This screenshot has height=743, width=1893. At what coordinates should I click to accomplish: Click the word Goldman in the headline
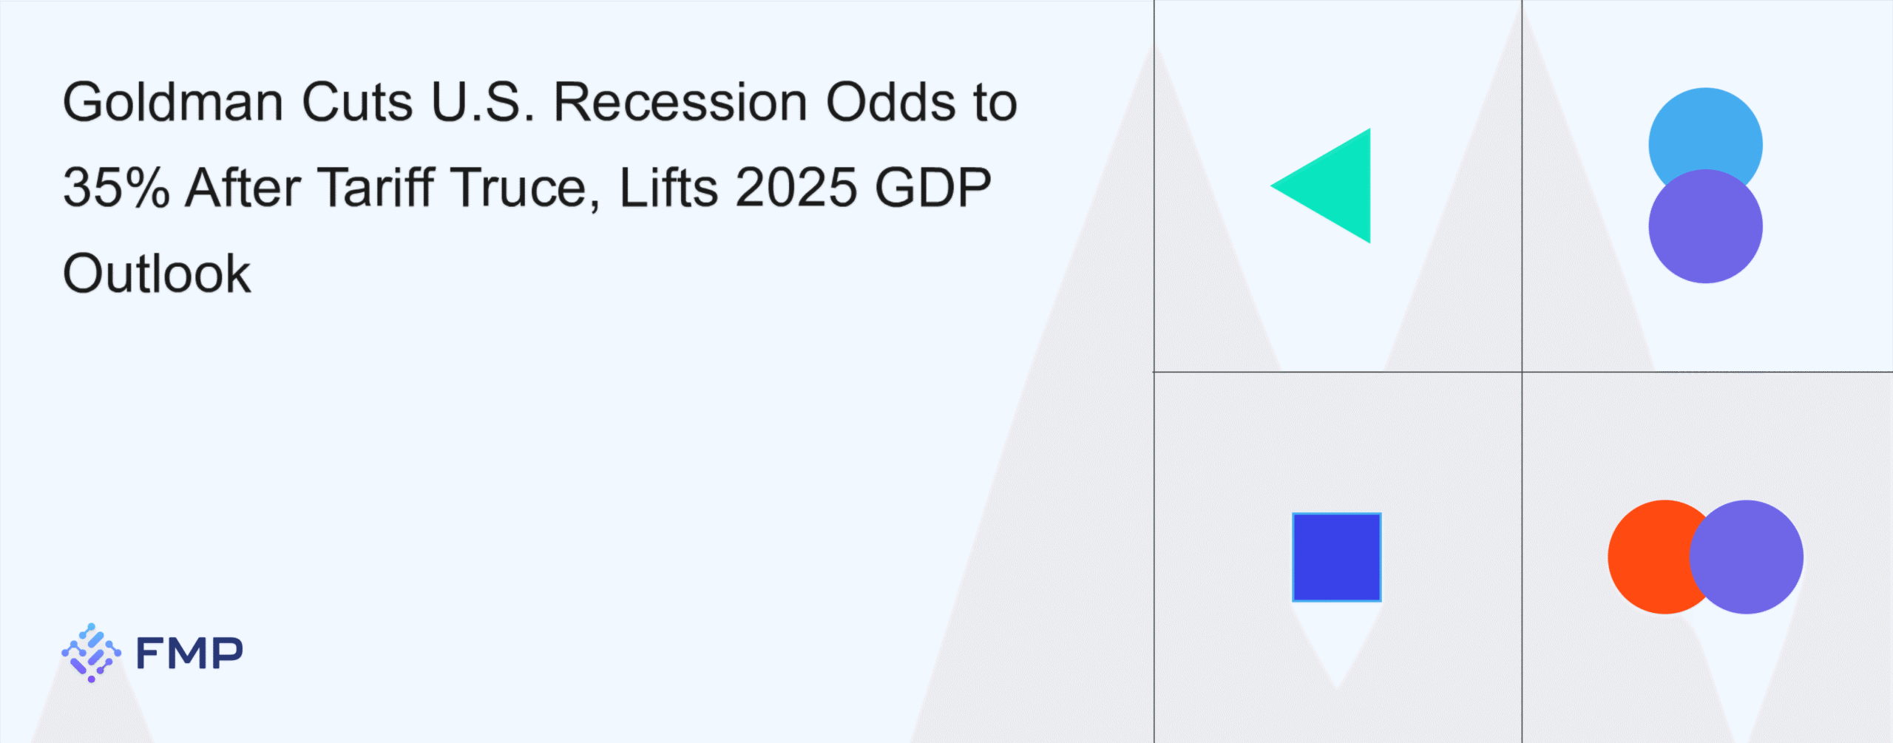click(x=173, y=101)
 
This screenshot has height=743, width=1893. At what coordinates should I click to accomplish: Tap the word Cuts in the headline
click(x=357, y=101)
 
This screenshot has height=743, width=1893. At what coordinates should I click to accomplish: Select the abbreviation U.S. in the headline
click(x=483, y=101)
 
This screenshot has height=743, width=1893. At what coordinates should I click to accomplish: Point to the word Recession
click(x=680, y=101)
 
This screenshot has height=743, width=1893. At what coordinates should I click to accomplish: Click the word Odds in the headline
click(x=890, y=101)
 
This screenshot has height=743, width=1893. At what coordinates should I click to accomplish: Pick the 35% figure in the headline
click(x=117, y=187)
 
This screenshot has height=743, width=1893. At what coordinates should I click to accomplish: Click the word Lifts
click(x=668, y=187)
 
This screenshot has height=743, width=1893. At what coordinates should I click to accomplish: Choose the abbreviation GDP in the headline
click(x=933, y=187)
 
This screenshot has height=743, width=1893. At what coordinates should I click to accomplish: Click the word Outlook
click(x=157, y=273)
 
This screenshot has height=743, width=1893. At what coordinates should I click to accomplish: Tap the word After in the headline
click(x=243, y=187)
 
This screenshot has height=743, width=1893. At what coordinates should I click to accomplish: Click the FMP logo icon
click(x=91, y=653)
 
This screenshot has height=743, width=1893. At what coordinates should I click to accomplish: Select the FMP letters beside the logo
click(x=189, y=653)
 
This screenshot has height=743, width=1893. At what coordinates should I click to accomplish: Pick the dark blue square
click(x=1337, y=557)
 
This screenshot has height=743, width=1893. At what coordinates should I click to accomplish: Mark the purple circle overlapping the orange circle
click(x=1747, y=557)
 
